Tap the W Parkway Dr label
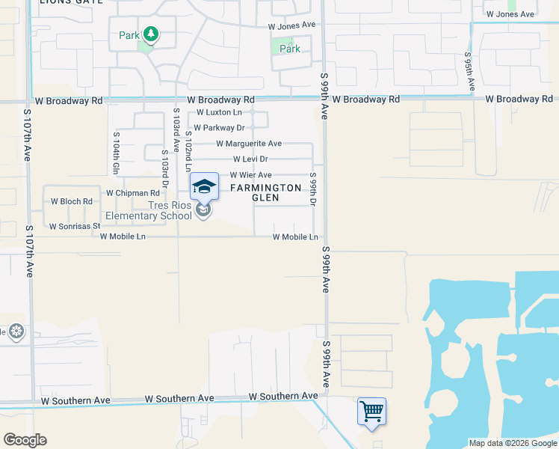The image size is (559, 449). (x=219, y=128)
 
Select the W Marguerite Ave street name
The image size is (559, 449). (x=249, y=144)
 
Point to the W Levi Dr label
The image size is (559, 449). (x=250, y=159)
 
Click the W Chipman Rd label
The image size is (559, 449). (x=133, y=193)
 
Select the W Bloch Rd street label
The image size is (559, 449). (x=71, y=201)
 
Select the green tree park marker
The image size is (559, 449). (x=150, y=34)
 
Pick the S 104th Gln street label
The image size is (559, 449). (x=117, y=153)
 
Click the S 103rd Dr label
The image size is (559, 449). (x=164, y=166)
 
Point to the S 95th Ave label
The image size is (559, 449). (x=469, y=71)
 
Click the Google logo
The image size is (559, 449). (x=25, y=440)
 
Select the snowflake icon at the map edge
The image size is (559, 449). (x=16, y=331)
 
